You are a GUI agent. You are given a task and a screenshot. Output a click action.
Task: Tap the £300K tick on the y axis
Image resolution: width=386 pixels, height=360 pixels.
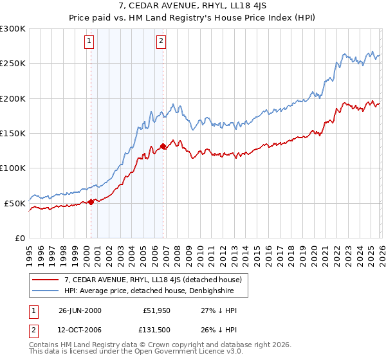[13, 29]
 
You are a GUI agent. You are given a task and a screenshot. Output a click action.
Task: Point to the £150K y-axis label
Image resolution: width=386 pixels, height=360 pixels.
[13, 134]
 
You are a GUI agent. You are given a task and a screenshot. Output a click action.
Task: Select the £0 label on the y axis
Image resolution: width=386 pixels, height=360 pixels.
[20, 238]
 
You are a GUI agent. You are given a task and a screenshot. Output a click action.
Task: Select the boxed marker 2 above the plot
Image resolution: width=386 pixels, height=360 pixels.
[161, 42]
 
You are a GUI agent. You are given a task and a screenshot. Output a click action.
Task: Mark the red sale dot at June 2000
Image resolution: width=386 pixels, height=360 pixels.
[91, 202]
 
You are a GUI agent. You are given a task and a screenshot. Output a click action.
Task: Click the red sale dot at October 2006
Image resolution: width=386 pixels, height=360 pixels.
[163, 147]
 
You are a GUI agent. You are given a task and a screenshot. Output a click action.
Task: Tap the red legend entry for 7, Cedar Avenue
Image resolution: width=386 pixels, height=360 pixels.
[152, 280]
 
